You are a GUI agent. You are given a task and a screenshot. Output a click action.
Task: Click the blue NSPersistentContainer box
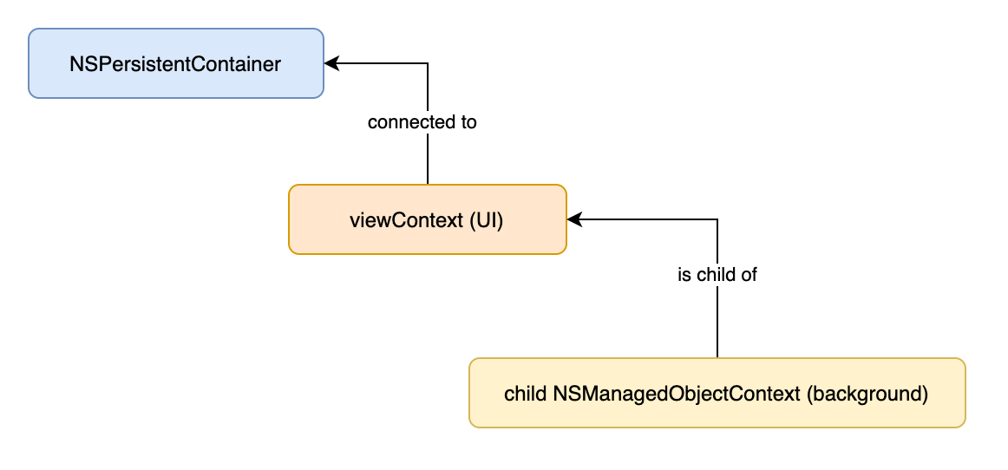(175, 63)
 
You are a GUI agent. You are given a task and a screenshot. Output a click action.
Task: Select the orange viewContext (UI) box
(428, 220)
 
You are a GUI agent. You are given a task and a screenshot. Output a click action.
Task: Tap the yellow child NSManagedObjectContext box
(717, 393)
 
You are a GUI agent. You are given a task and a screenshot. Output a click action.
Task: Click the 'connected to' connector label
(422, 122)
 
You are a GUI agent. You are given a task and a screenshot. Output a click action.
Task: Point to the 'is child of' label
(717, 275)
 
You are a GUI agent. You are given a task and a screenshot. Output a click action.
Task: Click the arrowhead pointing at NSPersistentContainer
(331, 63)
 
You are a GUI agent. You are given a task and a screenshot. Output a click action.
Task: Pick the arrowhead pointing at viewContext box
(574, 220)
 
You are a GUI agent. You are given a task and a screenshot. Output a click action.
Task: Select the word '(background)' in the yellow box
(867, 395)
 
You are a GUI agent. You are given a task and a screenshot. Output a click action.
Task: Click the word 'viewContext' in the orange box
(406, 220)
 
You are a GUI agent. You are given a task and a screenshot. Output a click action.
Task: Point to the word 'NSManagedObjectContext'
(676, 395)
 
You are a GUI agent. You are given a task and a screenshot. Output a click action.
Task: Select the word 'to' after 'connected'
(468, 123)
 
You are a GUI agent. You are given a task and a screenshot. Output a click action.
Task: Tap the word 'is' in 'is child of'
(684, 275)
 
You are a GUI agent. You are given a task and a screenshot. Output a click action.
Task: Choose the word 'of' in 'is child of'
(749, 275)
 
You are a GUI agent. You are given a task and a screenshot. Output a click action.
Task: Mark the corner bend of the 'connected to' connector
(428, 63)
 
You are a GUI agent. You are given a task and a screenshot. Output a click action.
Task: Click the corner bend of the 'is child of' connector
(717, 220)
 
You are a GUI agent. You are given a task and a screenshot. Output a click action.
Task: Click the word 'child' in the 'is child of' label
(716, 275)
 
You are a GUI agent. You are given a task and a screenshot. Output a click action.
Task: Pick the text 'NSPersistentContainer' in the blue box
(175, 64)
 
